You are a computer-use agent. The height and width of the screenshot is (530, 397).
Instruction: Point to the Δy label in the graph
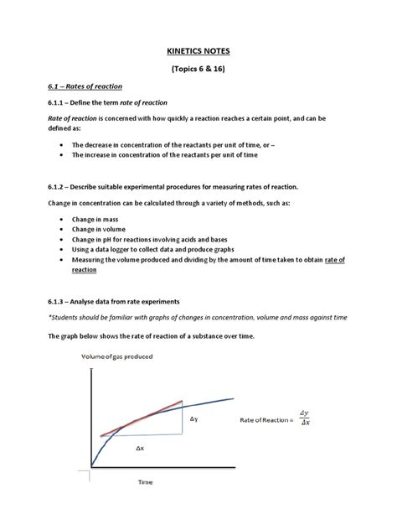point(193,418)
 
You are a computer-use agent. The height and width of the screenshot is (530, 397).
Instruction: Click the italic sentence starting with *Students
point(198,318)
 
